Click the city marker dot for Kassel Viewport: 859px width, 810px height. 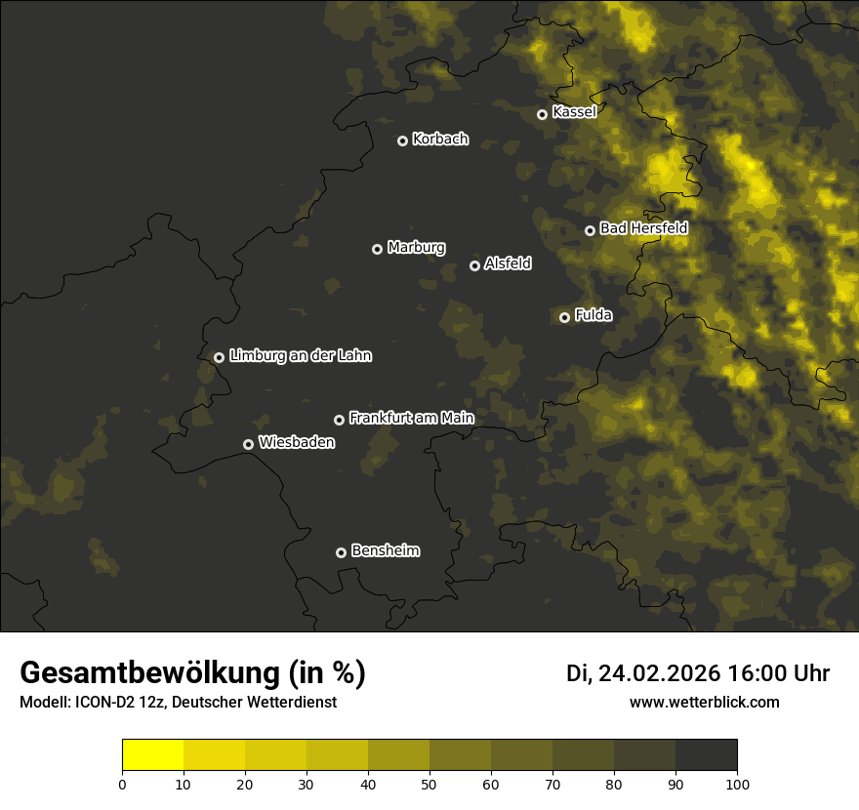(543, 114)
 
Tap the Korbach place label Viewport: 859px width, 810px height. (440, 140)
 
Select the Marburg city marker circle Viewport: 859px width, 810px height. (378, 249)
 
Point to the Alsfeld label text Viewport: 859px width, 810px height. (508, 263)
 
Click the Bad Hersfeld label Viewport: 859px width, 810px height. (643, 228)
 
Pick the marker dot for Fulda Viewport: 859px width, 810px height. (564, 317)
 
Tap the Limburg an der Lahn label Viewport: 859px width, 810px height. (300, 356)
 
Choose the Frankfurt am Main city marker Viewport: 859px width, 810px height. (340, 420)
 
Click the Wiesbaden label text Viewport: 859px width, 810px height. (297, 443)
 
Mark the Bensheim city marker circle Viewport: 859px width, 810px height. (341, 552)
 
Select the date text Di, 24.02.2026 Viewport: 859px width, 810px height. (643, 673)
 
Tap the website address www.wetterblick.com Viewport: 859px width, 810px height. (705, 703)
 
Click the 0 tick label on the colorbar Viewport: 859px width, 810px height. (122, 784)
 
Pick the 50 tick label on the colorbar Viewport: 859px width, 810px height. (429, 784)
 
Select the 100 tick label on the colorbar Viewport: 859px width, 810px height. (737, 784)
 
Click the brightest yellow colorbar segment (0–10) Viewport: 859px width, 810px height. (152, 755)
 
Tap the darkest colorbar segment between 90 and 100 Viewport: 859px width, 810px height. (706, 755)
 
